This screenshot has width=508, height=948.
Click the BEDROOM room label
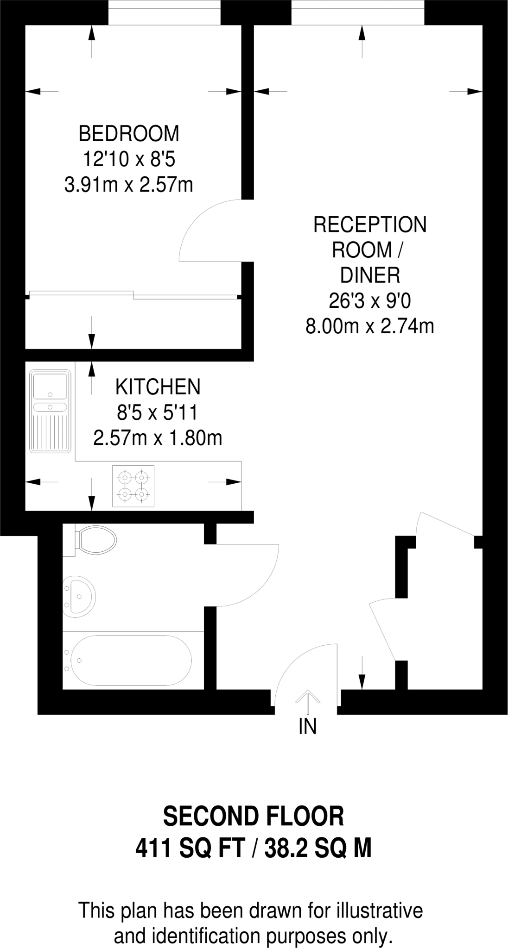tap(129, 134)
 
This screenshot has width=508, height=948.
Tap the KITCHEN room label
tap(158, 387)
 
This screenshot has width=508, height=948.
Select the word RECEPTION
tap(370, 225)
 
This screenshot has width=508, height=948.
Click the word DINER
tap(370, 276)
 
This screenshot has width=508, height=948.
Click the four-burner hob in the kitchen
tap(133, 486)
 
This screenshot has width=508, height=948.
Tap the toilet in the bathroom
tap(95, 540)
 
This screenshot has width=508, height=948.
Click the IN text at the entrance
tap(307, 727)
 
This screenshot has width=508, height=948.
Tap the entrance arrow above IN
tap(307, 699)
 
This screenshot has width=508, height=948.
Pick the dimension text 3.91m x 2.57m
tap(129, 186)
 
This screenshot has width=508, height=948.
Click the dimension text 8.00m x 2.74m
tap(370, 327)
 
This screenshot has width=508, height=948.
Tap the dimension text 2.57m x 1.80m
tap(158, 438)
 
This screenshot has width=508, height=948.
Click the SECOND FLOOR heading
tap(254, 817)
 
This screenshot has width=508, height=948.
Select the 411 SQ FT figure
tap(190, 849)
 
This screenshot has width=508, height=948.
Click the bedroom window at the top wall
tap(164, 12)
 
